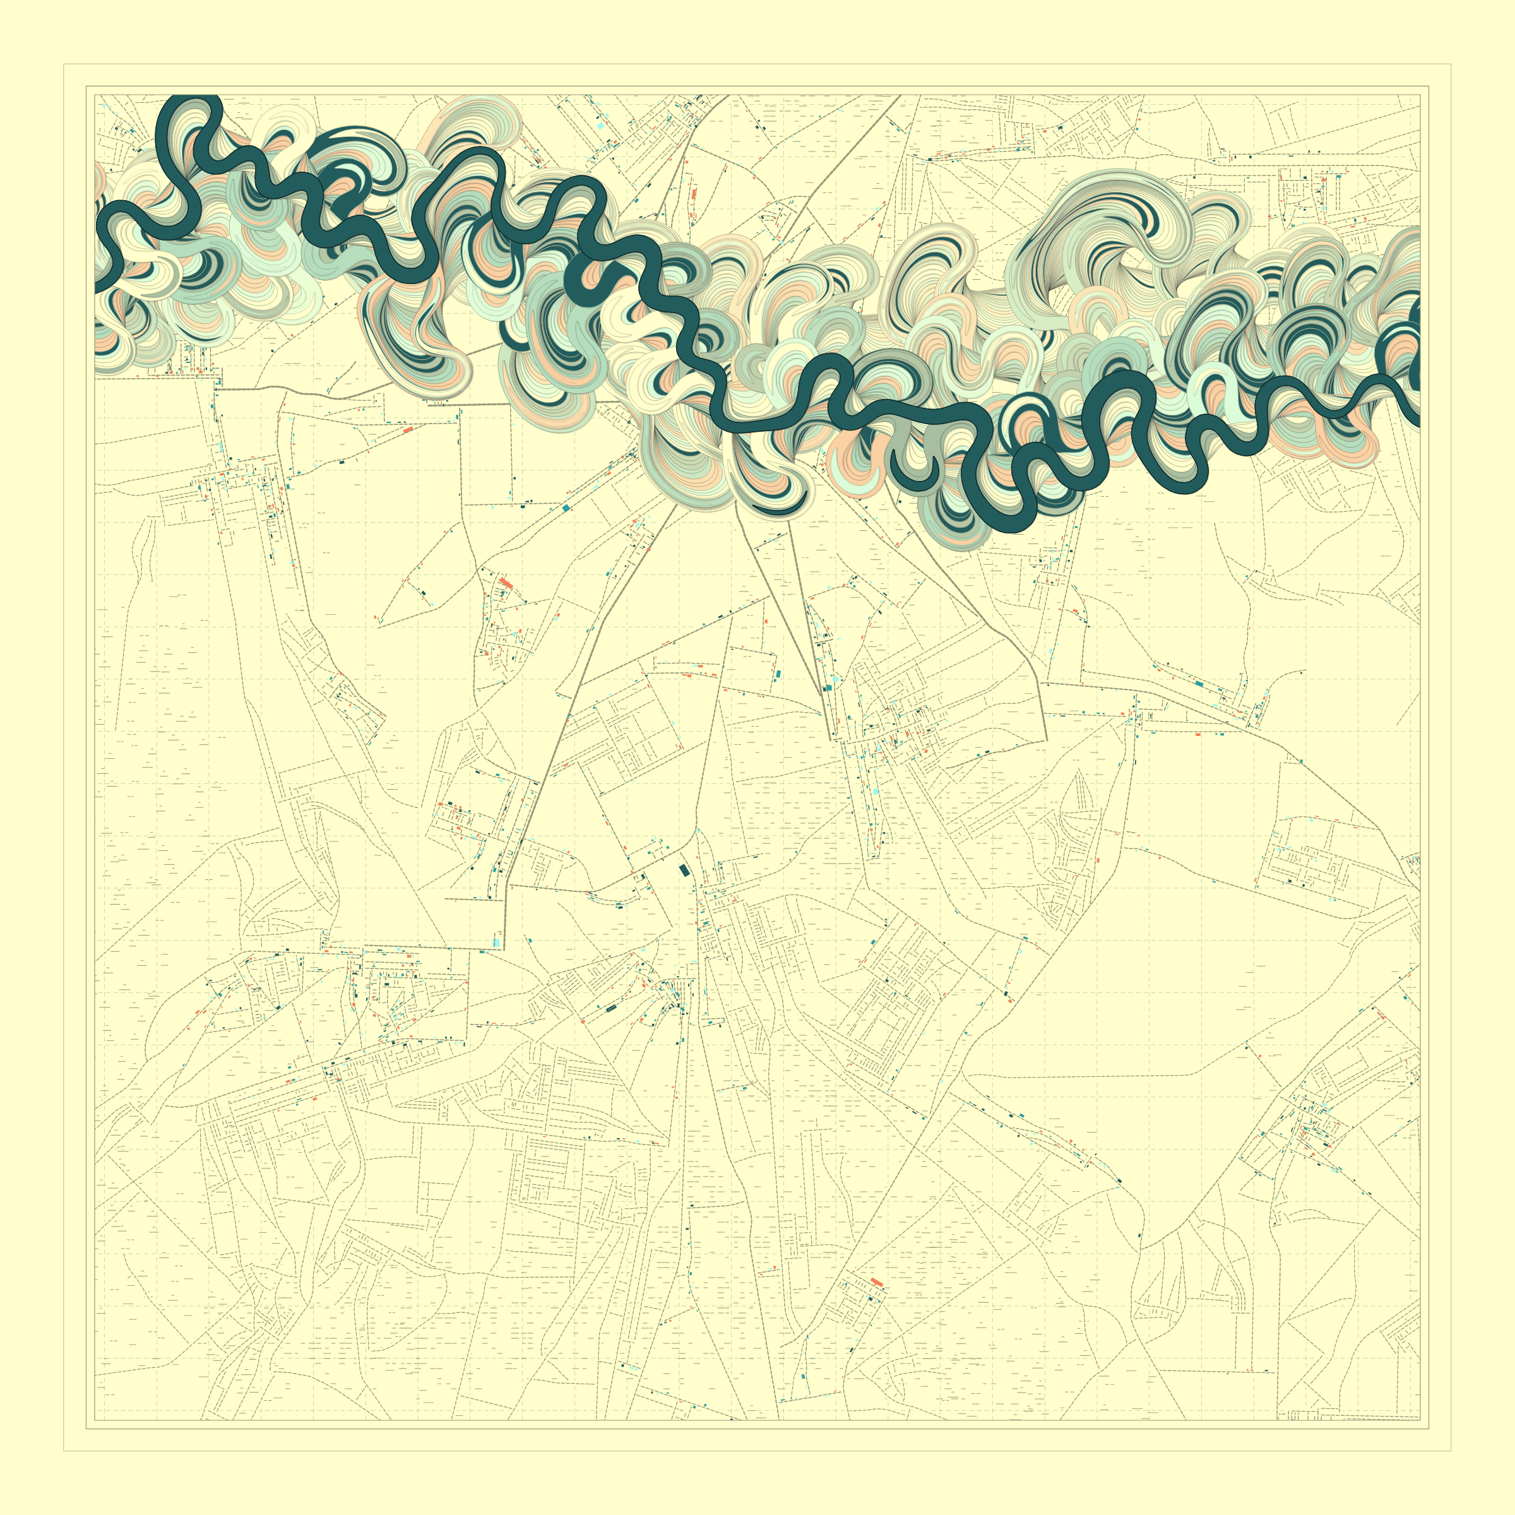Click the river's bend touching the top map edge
pos(188,100)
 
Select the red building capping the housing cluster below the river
pos(506,583)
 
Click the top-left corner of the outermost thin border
pos(64,64)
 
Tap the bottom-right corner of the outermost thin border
pos(1451,1451)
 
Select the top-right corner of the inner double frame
pos(1429,86)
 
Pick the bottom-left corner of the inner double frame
pos(86,1429)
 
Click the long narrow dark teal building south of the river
pos(611,1009)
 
